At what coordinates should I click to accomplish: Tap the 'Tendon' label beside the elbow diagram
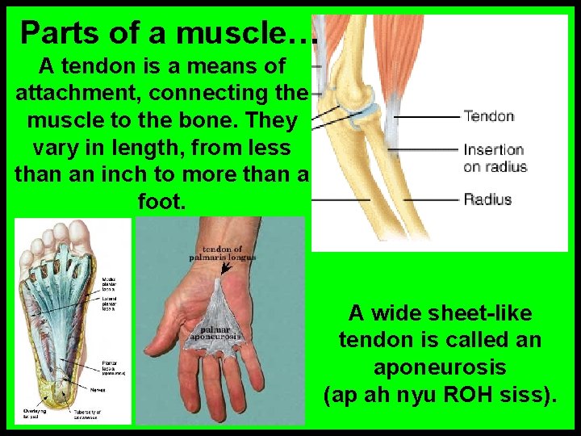click(x=489, y=116)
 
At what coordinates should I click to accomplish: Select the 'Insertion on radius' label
click(x=495, y=157)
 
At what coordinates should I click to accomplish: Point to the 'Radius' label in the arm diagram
click(x=487, y=199)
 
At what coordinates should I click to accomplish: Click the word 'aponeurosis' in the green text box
click(x=440, y=367)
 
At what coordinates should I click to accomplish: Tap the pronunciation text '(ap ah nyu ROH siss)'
click(x=440, y=396)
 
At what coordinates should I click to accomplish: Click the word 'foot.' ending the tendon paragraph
click(x=161, y=201)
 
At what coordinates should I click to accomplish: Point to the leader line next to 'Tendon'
click(x=425, y=117)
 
